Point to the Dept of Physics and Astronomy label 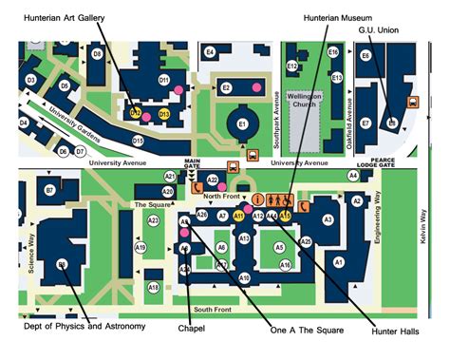coord(84,327)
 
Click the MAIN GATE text coord(194,167)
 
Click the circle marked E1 coord(242,124)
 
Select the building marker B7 coord(48,191)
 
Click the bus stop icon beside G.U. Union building coord(412,102)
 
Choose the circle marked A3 coord(328,219)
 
